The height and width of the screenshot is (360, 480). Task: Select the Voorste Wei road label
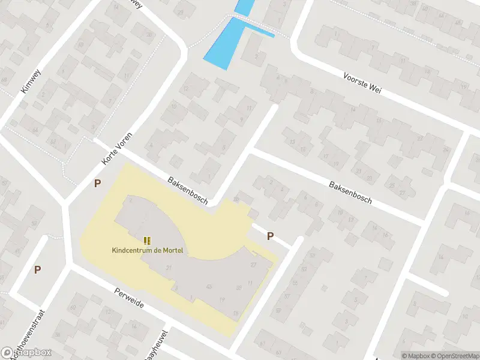click(x=362, y=84)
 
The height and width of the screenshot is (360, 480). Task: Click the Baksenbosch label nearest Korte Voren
click(x=188, y=190)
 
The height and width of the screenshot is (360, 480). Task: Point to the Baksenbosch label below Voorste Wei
click(x=350, y=191)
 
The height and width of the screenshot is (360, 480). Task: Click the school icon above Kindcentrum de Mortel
click(x=147, y=239)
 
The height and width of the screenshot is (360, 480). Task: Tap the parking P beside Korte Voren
click(x=97, y=184)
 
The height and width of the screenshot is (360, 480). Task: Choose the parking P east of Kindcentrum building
click(x=270, y=236)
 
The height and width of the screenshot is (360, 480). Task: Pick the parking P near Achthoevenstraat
click(x=37, y=270)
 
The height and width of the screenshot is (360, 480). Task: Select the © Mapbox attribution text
click(x=416, y=356)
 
